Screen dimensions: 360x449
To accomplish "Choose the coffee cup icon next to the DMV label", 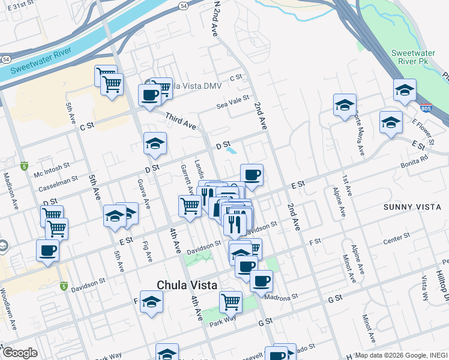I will [x=149, y=94].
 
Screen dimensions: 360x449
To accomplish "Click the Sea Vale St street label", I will [x=232, y=106].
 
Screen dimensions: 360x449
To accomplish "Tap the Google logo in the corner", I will [x=20, y=353].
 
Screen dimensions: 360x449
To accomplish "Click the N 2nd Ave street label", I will [x=215, y=19].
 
